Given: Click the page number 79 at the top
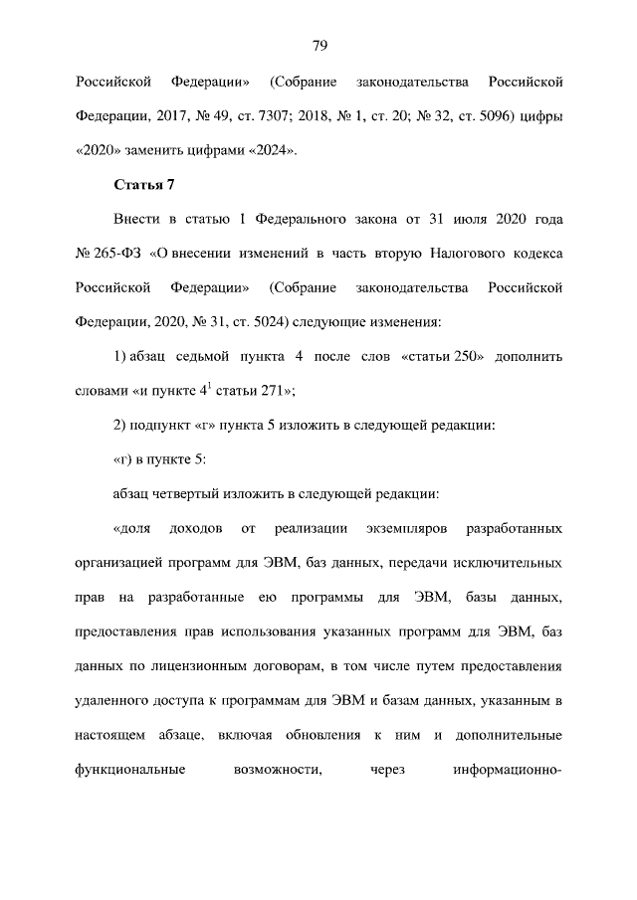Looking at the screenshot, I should pyautogui.click(x=319, y=46).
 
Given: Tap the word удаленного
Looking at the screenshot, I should pyautogui.click(x=117, y=700).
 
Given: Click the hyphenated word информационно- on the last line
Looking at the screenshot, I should pyautogui.click(x=509, y=769).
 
